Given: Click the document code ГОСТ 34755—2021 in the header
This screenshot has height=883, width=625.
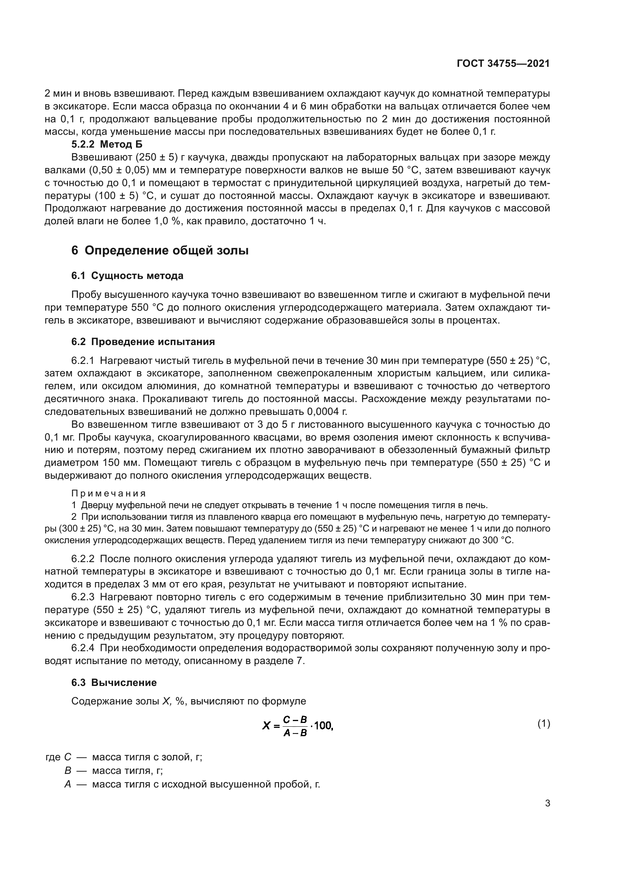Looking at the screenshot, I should coord(503,63).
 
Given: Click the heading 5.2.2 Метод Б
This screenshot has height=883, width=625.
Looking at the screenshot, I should coord(107,145).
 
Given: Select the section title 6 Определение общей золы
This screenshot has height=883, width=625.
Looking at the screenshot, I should coord(160,250).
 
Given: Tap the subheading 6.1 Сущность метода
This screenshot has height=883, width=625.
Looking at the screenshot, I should coord(127,276).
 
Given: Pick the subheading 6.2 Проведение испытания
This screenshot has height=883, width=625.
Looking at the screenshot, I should coord(143,342).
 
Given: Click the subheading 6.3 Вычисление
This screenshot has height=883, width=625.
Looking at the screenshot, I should coord(114,683).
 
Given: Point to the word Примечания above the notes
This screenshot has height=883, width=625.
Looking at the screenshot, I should coord(108,493).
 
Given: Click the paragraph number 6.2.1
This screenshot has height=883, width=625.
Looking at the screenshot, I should coord(83,361).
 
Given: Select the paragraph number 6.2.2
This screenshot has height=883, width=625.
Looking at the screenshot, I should coord(83,559).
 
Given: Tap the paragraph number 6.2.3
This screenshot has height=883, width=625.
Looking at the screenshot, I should coord(83,597).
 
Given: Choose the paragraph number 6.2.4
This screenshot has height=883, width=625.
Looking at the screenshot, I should coord(83,648).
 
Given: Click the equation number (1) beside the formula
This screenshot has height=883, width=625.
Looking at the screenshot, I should coord(543,724).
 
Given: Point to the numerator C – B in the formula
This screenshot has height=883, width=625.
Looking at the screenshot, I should coord(295,719).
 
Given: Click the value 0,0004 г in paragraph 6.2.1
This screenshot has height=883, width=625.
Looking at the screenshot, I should coord(327,412).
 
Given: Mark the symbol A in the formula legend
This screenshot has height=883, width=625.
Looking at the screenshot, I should coord(68,784).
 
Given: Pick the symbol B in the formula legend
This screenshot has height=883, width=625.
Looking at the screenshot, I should coord(68,771).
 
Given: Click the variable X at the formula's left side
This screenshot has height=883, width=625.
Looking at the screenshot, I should coord(266,726).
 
